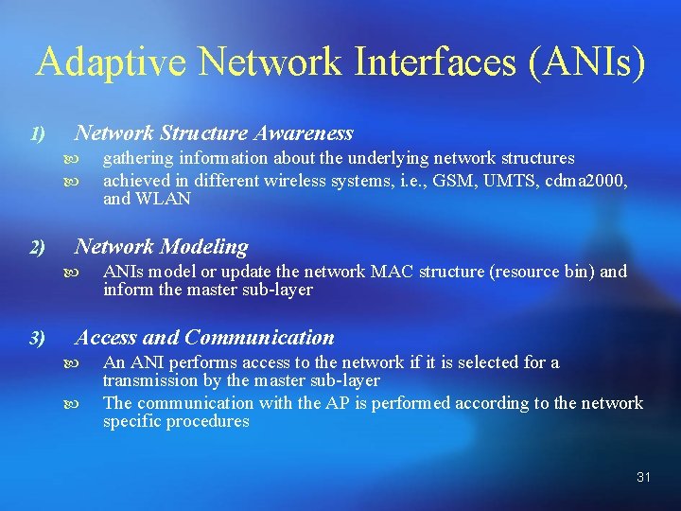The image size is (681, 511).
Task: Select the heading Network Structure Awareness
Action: (x=214, y=133)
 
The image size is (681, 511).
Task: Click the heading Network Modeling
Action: (x=162, y=247)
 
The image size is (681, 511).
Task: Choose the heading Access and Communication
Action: (x=204, y=338)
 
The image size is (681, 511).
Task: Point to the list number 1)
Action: (x=37, y=134)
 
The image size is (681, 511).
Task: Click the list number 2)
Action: (x=37, y=248)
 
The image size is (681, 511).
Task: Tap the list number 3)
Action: (x=37, y=339)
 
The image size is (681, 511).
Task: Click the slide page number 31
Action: (x=643, y=477)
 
